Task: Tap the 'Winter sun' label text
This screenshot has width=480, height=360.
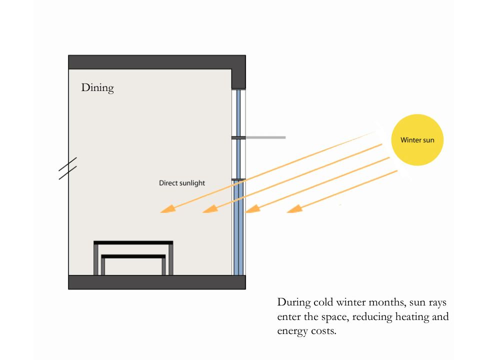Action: tap(417, 140)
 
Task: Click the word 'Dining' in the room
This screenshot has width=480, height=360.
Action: tap(97, 88)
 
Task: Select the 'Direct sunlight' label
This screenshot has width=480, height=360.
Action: tap(182, 183)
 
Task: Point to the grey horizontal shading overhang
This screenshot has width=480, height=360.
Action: tap(265, 137)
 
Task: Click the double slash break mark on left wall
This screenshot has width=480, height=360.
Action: tap(67, 168)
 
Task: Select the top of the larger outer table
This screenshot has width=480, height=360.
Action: tap(133, 242)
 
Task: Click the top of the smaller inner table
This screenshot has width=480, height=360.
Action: tap(133, 256)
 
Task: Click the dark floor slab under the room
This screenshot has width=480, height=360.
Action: tap(156, 282)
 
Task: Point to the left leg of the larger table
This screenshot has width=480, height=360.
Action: tap(96, 259)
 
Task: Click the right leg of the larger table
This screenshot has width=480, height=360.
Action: tap(170, 259)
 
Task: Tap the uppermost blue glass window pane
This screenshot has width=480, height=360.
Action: tap(239, 112)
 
